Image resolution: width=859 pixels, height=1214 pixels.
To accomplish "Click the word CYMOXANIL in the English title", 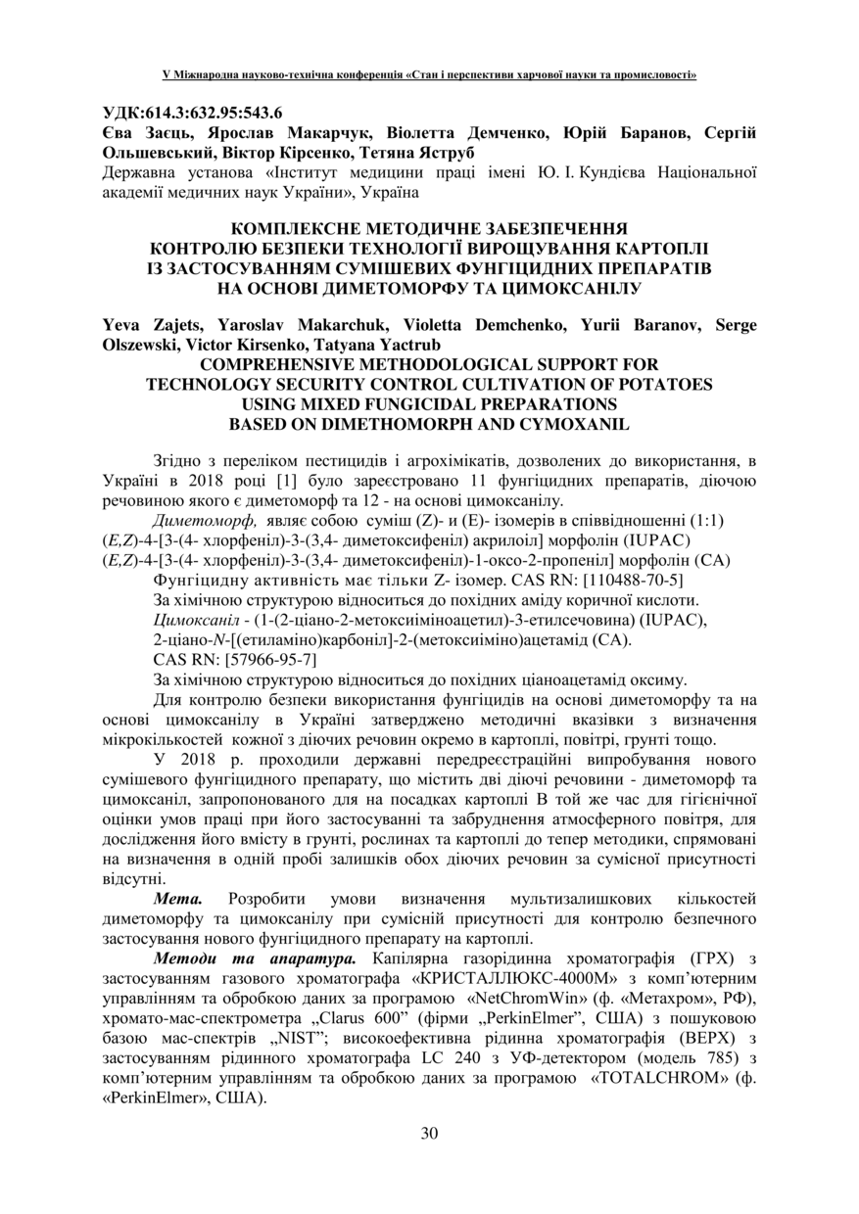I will (577, 424).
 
